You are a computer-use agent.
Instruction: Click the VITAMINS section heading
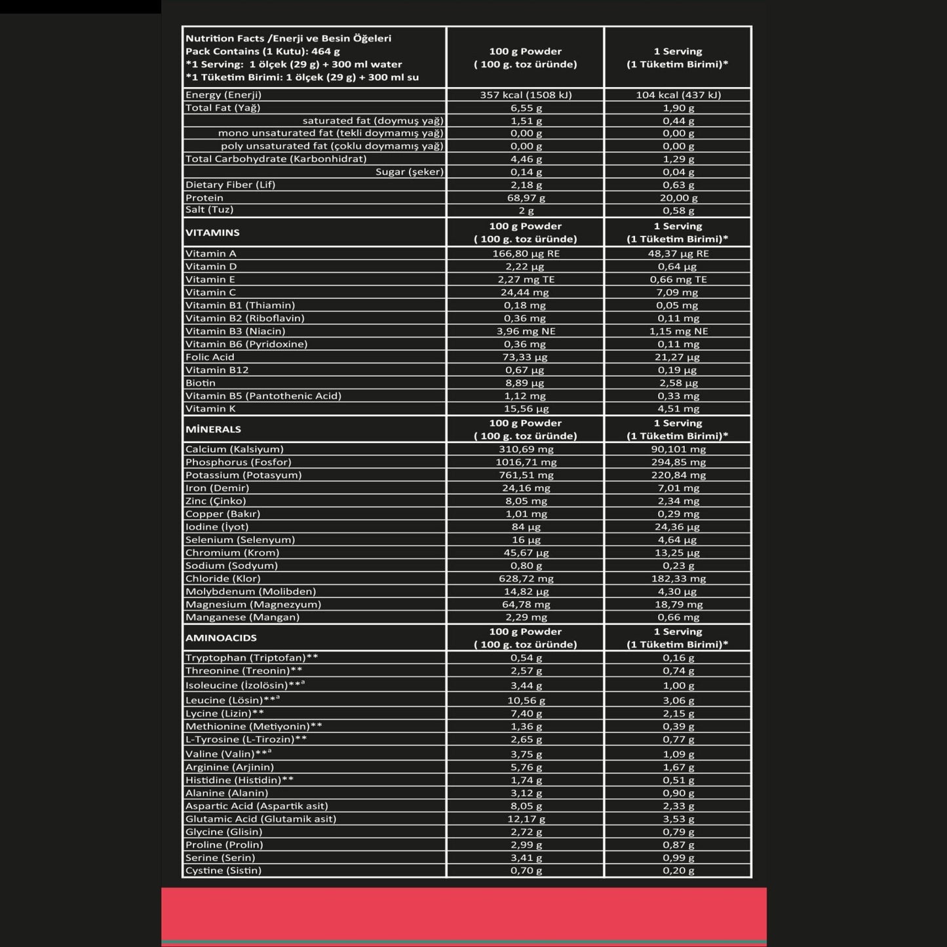[x=212, y=233]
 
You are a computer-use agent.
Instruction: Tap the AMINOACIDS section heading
[x=221, y=638]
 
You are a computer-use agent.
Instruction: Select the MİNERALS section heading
[x=213, y=429]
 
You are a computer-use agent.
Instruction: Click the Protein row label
[x=204, y=197]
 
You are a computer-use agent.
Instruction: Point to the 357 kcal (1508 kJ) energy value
[x=526, y=95]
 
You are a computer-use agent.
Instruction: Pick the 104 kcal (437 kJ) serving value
[x=678, y=95]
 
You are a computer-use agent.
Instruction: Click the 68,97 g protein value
[x=526, y=197]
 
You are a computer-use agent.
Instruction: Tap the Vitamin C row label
[x=210, y=292]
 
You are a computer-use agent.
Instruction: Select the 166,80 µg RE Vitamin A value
[x=526, y=254]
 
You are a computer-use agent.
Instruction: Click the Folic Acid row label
[x=210, y=357]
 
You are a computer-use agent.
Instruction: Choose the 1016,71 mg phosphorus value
[x=526, y=462]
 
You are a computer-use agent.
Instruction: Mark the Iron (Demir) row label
[x=217, y=488]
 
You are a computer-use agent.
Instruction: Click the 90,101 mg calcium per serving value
[x=678, y=449]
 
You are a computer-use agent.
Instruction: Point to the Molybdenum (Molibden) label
[x=250, y=591]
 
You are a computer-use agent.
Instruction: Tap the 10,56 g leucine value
[x=526, y=700]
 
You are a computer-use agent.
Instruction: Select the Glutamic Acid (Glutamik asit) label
[x=261, y=819]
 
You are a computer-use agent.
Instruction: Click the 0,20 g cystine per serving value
[x=678, y=870]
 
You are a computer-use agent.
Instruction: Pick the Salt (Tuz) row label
[x=209, y=210]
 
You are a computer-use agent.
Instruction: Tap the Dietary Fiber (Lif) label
[x=230, y=185]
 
